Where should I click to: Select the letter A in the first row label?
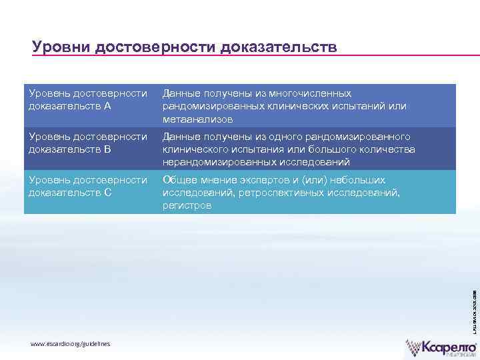[x=108, y=106]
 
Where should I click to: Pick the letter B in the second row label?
[x=108, y=149]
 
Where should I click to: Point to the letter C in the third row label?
[x=108, y=193]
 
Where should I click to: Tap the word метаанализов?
[x=198, y=119]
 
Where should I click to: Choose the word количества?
[x=386, y=149]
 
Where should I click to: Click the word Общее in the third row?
[x=179, y=180]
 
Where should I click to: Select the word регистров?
[x=187, y=206]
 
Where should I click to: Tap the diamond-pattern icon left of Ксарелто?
[x=417, y=347]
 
